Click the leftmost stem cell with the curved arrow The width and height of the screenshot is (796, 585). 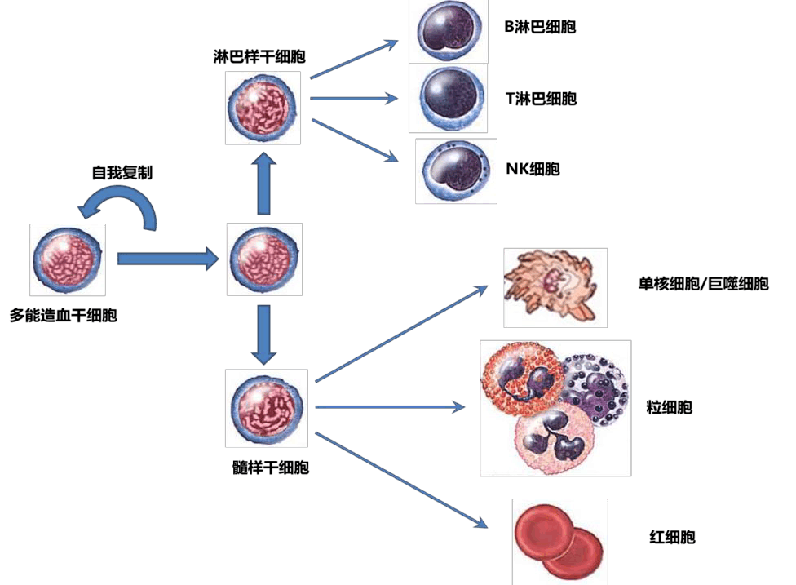[67, 259]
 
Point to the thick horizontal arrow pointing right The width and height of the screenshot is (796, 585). [167, 259]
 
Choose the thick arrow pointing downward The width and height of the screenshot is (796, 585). [263, 335]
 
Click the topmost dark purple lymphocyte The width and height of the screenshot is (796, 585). [447, 32]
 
